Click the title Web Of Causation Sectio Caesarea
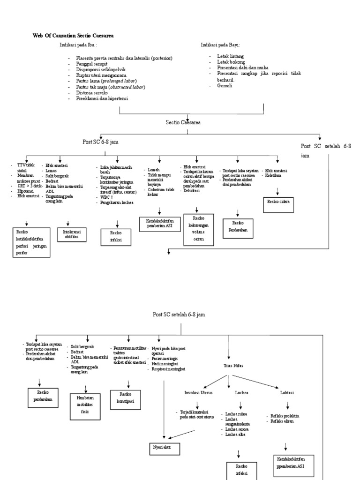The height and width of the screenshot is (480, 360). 73,36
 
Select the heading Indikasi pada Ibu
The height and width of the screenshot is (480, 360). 78,45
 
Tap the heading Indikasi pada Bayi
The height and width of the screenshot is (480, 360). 220,45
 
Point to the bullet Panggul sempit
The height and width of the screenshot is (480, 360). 92,64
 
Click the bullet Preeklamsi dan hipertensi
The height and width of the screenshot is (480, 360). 102,98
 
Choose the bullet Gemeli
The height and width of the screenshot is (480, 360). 225,86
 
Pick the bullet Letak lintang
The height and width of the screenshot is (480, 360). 231,56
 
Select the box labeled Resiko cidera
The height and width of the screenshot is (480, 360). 278,201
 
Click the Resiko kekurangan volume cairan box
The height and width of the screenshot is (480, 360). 199,229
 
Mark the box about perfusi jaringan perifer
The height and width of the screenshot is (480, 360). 31,242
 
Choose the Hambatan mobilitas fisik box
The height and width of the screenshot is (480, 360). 85,404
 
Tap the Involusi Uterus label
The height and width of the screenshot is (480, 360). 199,392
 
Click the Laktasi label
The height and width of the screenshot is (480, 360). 287,392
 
